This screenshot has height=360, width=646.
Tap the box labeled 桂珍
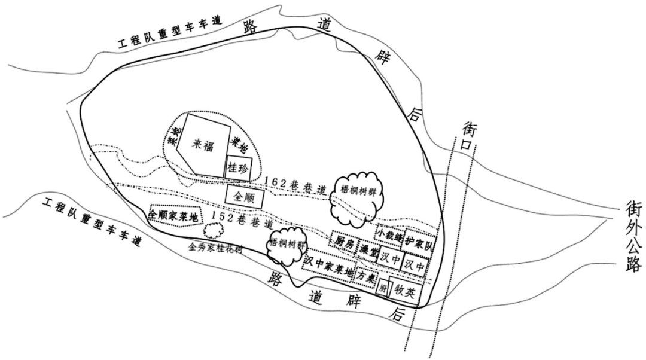click(239, 167)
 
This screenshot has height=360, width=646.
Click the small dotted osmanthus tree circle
click(213, 230)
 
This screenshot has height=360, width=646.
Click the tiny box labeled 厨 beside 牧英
click(382, 289)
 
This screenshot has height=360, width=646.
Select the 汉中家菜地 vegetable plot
click(328, 264)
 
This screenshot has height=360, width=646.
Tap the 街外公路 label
click(633, 236)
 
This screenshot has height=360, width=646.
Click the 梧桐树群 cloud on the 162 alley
click(357, 195)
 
